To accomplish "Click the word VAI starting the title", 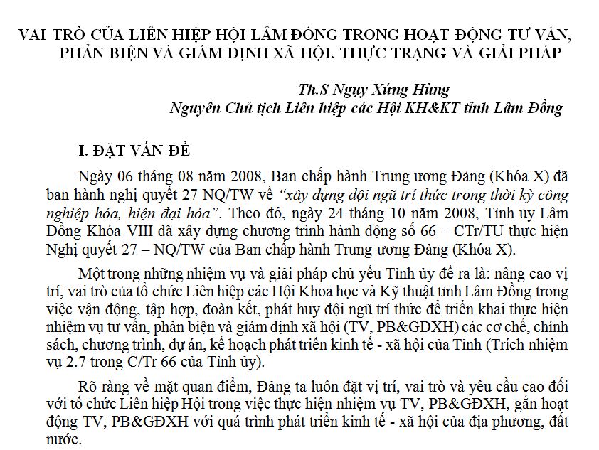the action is coord(35,34).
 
